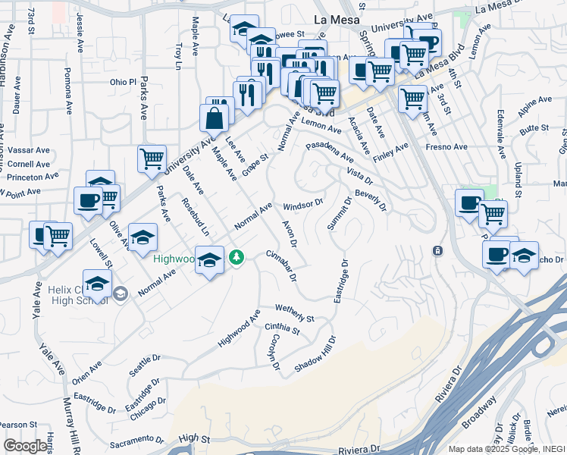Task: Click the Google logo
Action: point(25,447)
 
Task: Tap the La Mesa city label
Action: point(335,21)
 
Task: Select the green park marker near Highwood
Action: point(237,258)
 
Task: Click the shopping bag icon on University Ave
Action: point(214,118)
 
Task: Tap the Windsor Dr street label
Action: point(303,206)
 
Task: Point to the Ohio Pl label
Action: point(122,82)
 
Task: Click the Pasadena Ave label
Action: point(330,152)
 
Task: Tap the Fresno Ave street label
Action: point(444,146)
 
